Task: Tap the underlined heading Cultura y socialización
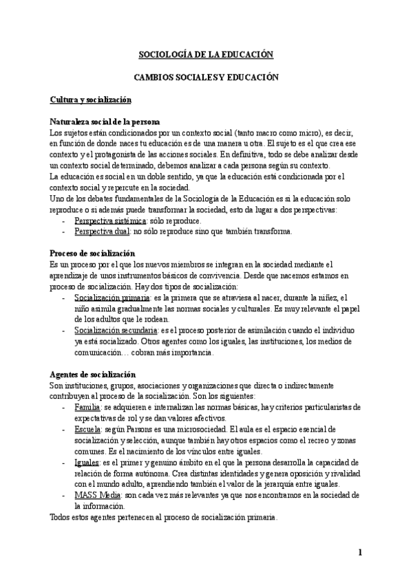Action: click(x=90, y=100)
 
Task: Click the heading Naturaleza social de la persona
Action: click(x=105, y=120)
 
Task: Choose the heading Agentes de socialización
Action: click(x=93, y=374)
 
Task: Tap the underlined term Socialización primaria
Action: click(x=112, y=298)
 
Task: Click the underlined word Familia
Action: click(x=87, y=408)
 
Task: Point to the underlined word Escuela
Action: click(x=87, y=430)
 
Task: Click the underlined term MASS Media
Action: click(x=96, y=495)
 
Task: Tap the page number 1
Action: click(x=359, y=552)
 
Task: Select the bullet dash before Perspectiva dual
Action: click(x=63, y=231)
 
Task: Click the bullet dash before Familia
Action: click(x=63, y=408)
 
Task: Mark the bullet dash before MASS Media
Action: click(x=63, y=495)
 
